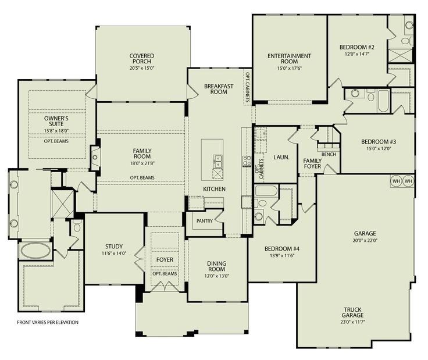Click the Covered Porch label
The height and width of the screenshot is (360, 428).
142,59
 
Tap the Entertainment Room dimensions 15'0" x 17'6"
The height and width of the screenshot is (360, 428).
289,67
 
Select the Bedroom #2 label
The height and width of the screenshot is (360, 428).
356,47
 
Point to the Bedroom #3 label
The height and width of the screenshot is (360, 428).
379,142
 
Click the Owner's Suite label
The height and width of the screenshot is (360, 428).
56,121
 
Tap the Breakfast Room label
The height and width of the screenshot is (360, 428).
219,88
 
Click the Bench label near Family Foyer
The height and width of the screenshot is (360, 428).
329,154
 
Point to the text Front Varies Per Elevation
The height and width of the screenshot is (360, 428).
47,322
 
